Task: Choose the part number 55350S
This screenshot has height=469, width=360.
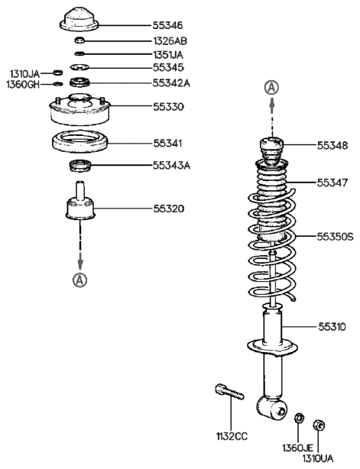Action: point(336,237)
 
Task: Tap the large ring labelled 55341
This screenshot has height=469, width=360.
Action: point(79,141)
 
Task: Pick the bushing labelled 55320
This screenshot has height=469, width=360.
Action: point(79,208)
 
